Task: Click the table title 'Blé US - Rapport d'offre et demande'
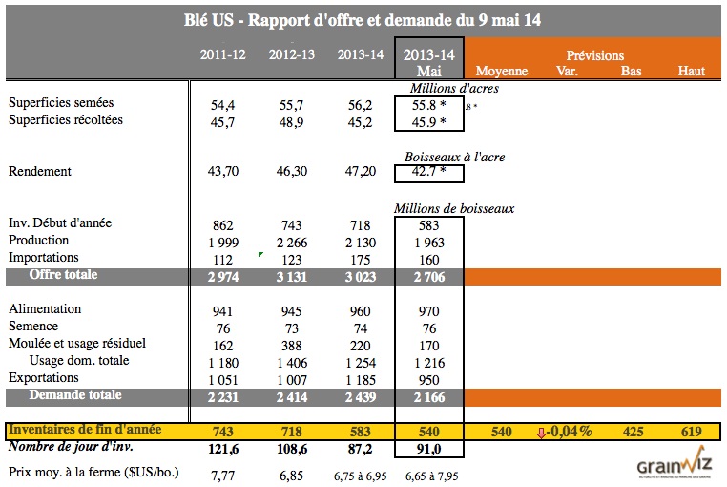(363, 19)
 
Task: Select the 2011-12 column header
(223, 54)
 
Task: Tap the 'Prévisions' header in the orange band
(594, 56)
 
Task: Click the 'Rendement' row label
(41, 172)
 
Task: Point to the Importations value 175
(361, 258)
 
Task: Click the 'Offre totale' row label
(63, 275)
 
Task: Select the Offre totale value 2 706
(429, 276)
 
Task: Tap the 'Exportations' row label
(45, 377)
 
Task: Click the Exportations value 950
(429, 378)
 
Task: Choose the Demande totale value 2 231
(223, 395)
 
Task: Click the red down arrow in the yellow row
(542, 432)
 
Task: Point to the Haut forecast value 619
(692, 431)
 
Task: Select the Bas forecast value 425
(632, 431)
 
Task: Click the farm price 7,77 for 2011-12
(223, 475)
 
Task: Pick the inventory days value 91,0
(429, 448)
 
